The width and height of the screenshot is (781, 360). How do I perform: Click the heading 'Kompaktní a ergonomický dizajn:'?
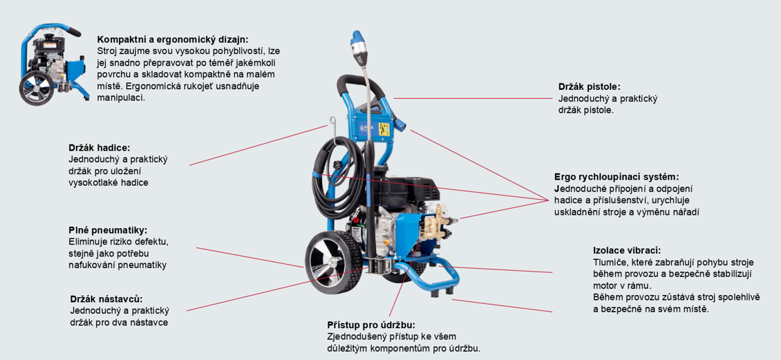173,39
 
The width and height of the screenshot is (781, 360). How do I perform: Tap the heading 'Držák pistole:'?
590,87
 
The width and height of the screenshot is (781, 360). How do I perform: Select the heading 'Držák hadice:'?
100,148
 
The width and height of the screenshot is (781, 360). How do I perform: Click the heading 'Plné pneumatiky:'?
108,230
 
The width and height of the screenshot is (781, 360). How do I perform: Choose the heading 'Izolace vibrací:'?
627,250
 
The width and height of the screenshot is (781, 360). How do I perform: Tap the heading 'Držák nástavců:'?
106,299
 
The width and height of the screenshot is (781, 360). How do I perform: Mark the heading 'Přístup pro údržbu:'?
371,324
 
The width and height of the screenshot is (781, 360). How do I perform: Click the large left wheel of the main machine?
330,264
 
